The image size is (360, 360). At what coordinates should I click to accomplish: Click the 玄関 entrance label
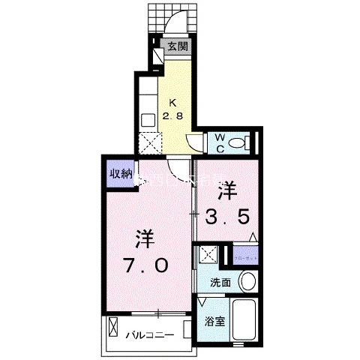coord(177,46)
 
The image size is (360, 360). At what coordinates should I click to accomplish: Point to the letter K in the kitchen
coord(172,103)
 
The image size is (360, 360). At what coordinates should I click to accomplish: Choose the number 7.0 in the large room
coord(146,265)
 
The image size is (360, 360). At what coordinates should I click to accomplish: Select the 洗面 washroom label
coord(220,283)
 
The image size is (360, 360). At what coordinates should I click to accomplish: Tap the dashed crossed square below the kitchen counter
coord(151,142)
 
